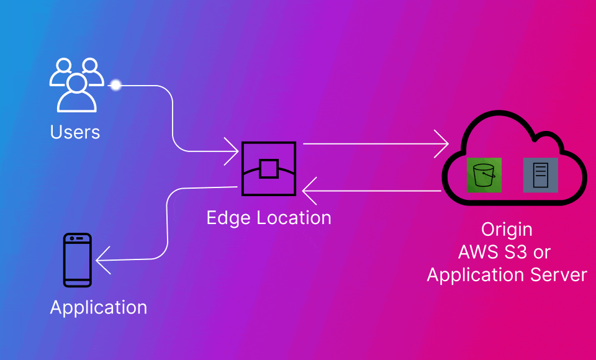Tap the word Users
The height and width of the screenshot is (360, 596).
pos(75,132)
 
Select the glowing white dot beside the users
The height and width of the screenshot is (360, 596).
pos(115,85)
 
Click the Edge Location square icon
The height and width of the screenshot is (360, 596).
pos(268,169)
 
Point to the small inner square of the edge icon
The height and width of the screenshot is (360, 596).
pos(268,169)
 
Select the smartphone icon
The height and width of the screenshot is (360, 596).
pos(78,260)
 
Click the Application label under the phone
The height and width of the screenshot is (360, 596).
pos(99,308)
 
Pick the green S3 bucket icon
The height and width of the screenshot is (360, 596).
pos(484,174)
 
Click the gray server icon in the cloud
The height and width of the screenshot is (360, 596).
pos(540,174)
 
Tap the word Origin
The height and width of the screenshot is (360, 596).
pos(507,230)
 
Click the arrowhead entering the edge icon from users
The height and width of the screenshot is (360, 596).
pos(234,150)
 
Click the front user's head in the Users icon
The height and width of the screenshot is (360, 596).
pos(76,83)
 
